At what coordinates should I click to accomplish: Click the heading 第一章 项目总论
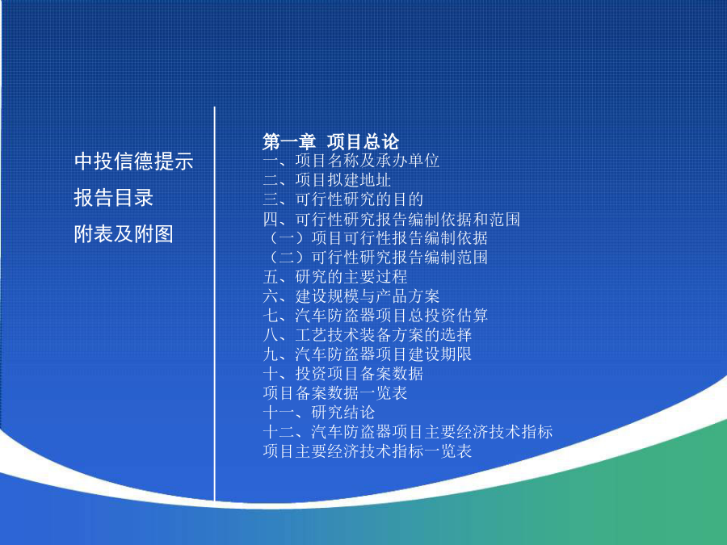point(330,141)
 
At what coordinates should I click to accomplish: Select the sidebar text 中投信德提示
point(133,161)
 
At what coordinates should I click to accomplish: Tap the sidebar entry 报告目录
point(114,198)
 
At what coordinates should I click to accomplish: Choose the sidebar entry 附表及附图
point(124,233)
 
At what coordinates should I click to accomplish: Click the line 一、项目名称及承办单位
point(351,161)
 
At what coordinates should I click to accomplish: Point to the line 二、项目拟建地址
point(327,180)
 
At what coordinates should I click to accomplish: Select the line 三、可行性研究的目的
point(343,199)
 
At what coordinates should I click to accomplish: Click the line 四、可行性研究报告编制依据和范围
point(391,219)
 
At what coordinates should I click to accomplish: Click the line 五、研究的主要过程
point(334,277)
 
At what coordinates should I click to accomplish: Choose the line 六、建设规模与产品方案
point(351,296)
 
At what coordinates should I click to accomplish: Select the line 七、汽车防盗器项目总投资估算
point(375,316)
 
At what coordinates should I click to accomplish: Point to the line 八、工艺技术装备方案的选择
point(368,334)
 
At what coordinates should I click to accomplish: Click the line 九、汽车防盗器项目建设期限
point(368,354)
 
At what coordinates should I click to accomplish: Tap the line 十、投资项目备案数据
point(343,374)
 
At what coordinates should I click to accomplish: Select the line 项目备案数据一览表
point(334,393)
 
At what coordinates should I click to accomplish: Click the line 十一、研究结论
point(319,412)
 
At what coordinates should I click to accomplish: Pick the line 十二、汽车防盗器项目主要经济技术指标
point(408,431)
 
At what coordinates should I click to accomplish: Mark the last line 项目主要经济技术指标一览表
point(368,451)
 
